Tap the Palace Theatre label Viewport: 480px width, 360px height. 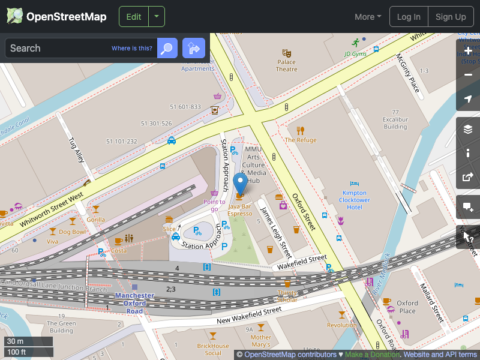286,65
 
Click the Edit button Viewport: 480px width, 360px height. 134,17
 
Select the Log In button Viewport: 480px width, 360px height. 409,17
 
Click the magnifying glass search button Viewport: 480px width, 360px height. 167,48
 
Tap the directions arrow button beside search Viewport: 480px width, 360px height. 194,48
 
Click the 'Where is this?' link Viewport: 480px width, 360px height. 132,48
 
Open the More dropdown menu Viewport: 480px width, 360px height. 368,17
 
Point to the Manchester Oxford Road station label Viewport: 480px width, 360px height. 134,303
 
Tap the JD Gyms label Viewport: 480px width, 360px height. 355,54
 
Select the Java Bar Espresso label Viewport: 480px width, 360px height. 240,209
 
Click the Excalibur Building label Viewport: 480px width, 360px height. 395,123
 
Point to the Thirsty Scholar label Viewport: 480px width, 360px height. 287,296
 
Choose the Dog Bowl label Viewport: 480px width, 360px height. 72,232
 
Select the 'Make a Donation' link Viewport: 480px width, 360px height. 372,355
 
